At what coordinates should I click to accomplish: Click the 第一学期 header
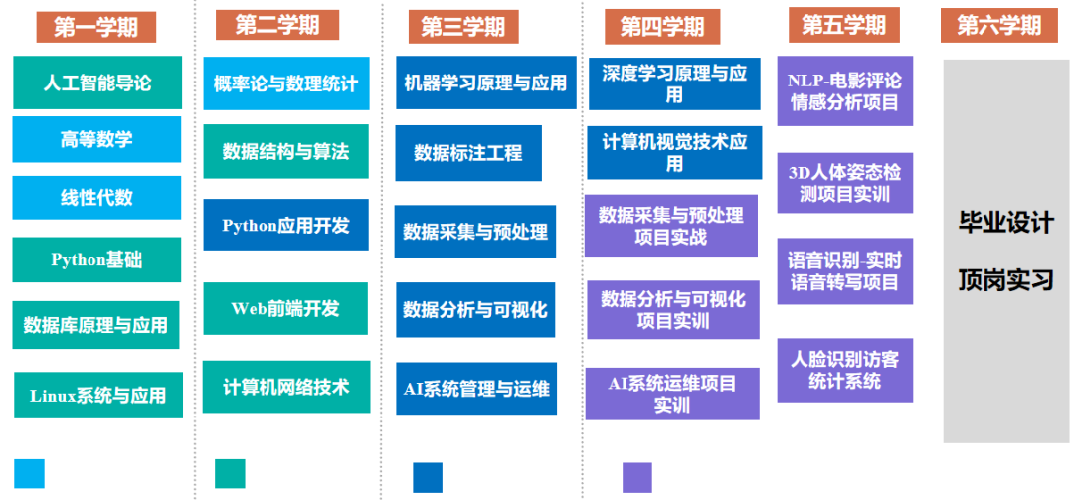click(95, 27)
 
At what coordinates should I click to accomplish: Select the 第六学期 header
click(998, 25)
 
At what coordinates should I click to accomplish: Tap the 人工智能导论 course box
click(97, 83)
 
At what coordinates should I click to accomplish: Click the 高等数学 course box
click(96, 139)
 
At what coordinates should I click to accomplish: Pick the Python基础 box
click(96, 260)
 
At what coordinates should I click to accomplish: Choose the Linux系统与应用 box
click(97, 395)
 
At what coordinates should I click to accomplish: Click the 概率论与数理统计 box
click(285, 83)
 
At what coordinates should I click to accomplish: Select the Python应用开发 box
click(285, 226)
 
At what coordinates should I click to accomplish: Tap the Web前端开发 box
click(285, 308)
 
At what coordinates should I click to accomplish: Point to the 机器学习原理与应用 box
click(485, 83)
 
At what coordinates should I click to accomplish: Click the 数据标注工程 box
click(467, 153)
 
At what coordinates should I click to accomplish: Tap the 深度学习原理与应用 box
click(674, 83)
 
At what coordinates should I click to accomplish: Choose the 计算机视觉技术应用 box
click(674, 152)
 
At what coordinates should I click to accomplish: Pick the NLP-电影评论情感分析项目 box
click(844, 90)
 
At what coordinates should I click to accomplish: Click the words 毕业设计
click(1005, 222)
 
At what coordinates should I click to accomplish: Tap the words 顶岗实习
click(1005, 279)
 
